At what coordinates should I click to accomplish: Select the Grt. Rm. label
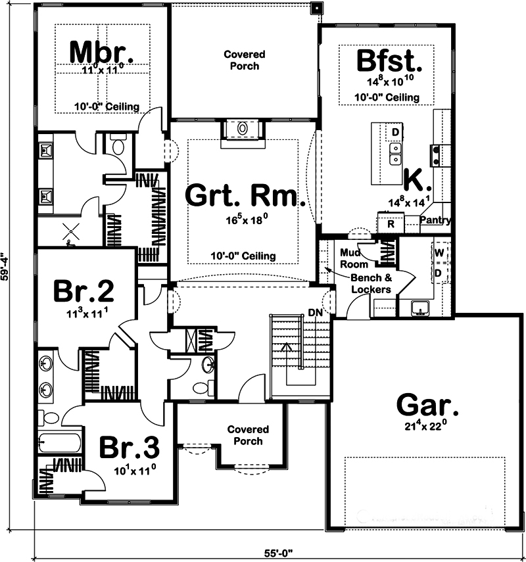[x=245, y=196]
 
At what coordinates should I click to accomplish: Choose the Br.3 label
[x=129, y=448]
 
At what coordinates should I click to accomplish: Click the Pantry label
[x=435, y=220]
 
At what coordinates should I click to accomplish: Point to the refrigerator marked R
[x=391, y=223]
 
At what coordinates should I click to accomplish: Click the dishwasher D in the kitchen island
[x=396, y=133]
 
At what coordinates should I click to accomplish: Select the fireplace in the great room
[x=243, y=129]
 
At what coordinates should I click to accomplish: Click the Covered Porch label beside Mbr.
[x=245, y=60]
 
